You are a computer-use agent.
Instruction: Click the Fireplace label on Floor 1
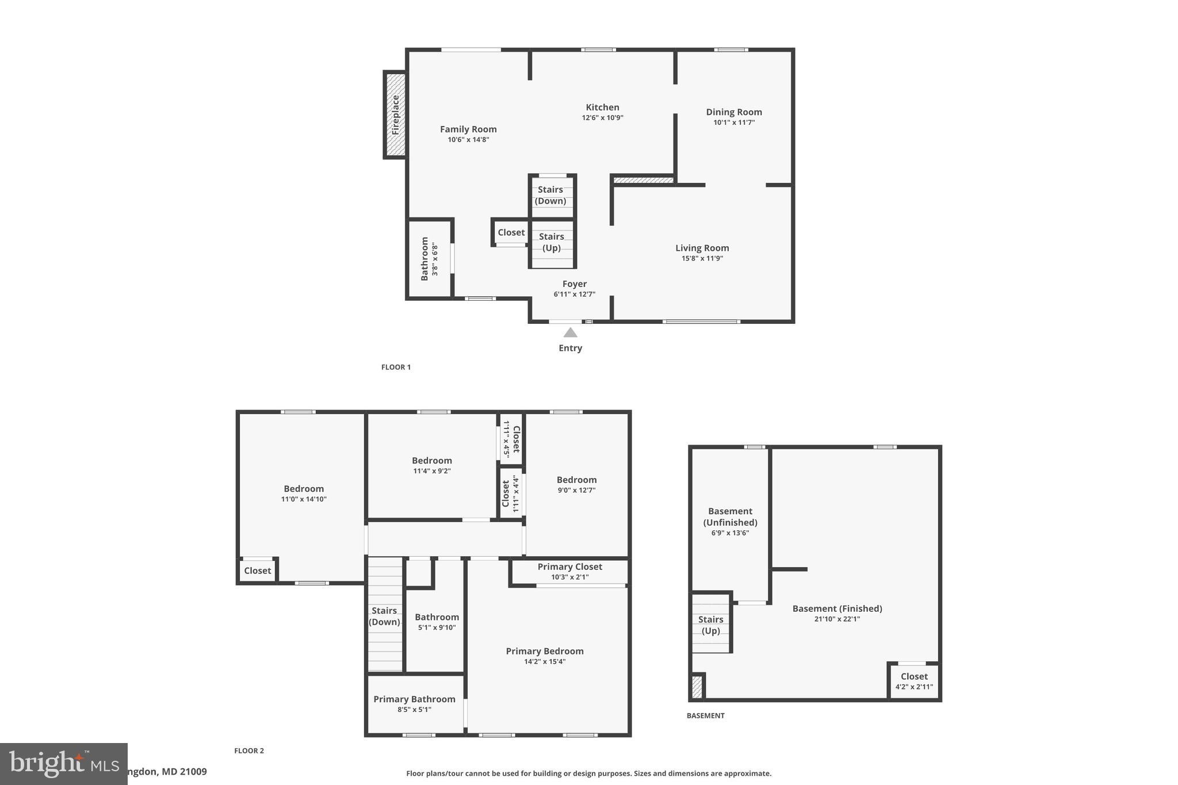pyautogui.click(x=396, y=115)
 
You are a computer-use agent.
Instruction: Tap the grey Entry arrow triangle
pyautogui.click(x=570, y=332)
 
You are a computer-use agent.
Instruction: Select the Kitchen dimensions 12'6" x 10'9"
pyautogui.click(x=602, y=118)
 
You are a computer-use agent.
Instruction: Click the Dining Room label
pyautogui.click(x=733, y=112)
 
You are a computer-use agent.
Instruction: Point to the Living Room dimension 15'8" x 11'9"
pyautogui.click(x=702, y=259)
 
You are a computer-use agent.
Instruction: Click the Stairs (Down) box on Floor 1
pyautogui.click(x=551, y=196)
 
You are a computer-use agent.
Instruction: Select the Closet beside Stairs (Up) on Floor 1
pyautogui.click(x=511, y=232)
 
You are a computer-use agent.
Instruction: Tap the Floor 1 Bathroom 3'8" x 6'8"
pyautogui.click(x=429, y=259)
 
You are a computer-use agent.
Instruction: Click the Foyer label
pyautogui.click(x=574, y=284)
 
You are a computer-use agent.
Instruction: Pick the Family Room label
pyautogui.click(x=468, y=129)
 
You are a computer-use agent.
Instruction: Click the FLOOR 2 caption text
pyautogui.click(x=248, y=750)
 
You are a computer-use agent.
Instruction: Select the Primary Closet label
pyautogui.click(x=569, y=567)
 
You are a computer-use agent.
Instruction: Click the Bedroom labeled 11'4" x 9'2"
pyautogui.click(x=431, y=465)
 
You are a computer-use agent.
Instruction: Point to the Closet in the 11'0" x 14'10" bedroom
pyautogui.click(x=257, y=570)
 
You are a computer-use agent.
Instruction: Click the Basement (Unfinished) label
pyautogui.click(x=730, y=516)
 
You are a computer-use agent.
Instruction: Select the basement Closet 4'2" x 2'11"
pyautogui.click(x=913, y=681)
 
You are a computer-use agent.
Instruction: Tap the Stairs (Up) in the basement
pyautogui.click(x=710, y=625)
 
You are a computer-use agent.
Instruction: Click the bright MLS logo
pyautogui.click(x=63, y=764)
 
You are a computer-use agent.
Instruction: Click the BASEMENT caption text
pyautogui.click(x=705, y=715)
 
